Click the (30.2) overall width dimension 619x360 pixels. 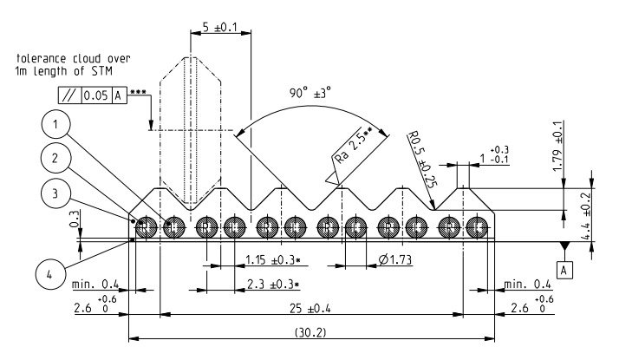coord(310,331)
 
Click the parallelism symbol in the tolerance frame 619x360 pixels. coord(69,95)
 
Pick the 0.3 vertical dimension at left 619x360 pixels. coord(73,221)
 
